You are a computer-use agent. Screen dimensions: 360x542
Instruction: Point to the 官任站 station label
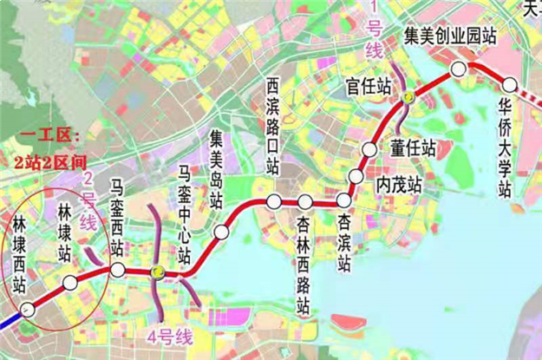point(367,86)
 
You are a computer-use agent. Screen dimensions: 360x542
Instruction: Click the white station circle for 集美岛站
point(222,232)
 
